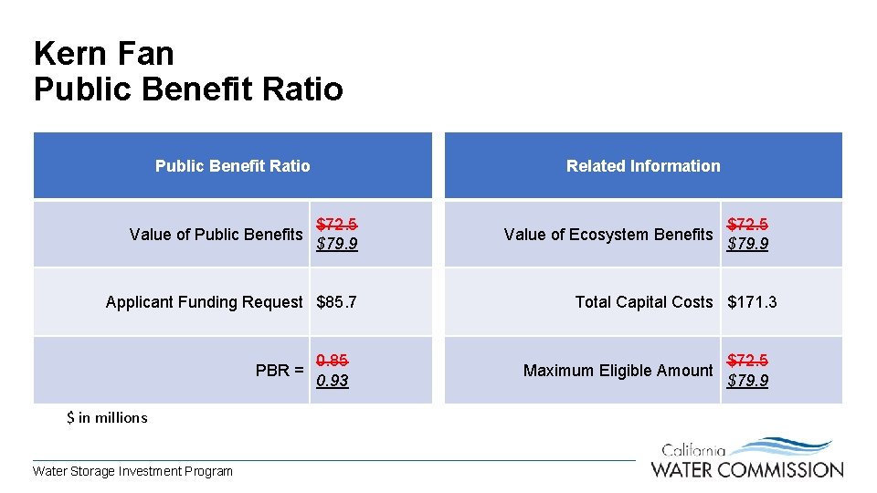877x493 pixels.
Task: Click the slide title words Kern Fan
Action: pyautogui.click(x=103, y=53)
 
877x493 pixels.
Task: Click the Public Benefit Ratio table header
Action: pyautogui.click(x=232, y=166)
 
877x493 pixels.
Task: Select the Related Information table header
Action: pyautogui.click(x=643, y=166)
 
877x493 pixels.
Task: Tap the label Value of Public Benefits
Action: pyautogui.click(x=216, y=235)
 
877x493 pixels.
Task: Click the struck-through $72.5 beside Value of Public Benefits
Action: pyautogui.click(x=336, y=224)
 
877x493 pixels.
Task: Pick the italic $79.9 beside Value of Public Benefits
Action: pyautogui.click(x=336, y=244)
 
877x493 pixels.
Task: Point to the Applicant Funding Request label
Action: pyautogui.click(x=204, y=302)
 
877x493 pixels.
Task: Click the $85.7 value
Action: pyautogui.click(x=336, y=302)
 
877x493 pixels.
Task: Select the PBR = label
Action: pyautogui.click(x=280, y=371)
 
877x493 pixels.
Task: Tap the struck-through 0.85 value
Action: pyautogui.click(x=332, y=361)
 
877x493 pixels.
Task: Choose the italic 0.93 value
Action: pyautogui.click(x=332, y=381)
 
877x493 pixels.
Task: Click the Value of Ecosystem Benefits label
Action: pyautogui.click(x=608, y=235)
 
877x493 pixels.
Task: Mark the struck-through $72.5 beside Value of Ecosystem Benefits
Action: pyautogui.click(x=747, y=224)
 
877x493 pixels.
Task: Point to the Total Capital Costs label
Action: pyautogui.click(x=643, y=302)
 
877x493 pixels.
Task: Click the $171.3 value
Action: pyautogui.click(x=752, y=302)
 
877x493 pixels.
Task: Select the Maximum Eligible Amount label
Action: pyautogui.click(x=618, y=371)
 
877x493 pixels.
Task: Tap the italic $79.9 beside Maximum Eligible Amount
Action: pyautogui.click(x=747, y=381)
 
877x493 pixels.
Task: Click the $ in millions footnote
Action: pyautogui.click(x=107, y=418)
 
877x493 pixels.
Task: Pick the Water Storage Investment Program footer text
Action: pyautogui.click(x=132, y=471)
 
